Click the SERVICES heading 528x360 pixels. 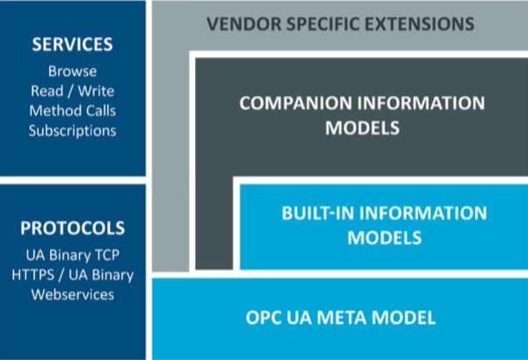[x=72, y=44]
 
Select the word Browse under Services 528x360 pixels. [x=72, y=71]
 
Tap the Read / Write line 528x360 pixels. [x=72, y=90]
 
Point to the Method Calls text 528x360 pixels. [x=72, y=111]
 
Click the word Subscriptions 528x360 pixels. [x=72, y=131]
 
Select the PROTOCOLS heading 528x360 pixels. [x=72, y=227]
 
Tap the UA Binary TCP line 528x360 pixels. [x=72, y=255]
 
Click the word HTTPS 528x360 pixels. [x=33, y=275]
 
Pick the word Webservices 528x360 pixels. [x=73, y=295]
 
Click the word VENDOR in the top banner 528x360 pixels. [x=244, y=24]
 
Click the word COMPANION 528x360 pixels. [x=296, y=103]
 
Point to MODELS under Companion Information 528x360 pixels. [x=362, y=128]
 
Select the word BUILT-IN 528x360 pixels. [x=319, y=213]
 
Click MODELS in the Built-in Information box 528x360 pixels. [x=385, y=238]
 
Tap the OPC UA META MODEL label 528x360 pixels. [x=341, y=318]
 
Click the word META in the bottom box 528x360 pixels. [x=342, y=318]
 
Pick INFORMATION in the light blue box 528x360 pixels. [x=423, y=213]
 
